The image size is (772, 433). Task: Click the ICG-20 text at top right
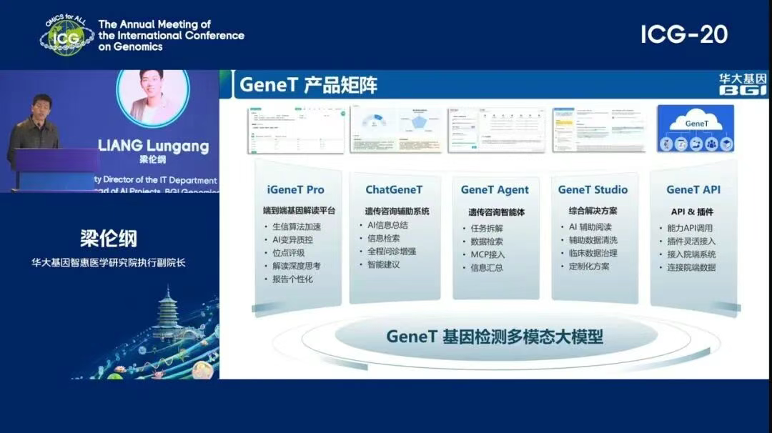[683, 34]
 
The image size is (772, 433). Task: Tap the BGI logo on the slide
[741, 84]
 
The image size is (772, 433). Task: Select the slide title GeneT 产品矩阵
[308, 85]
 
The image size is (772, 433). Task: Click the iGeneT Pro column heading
[295, 190]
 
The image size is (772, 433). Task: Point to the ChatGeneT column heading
[394, 190]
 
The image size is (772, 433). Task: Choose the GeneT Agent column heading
[495, 190]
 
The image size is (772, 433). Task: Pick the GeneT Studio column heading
[593, 190]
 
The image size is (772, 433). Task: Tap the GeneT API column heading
[693, 190]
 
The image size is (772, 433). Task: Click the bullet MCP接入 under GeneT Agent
[487, 254]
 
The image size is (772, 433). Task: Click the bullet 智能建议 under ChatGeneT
[383, 264]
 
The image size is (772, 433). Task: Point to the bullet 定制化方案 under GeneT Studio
[588, 266]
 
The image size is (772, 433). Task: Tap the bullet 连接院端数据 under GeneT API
[691, 267]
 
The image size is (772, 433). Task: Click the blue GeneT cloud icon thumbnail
[695, 129]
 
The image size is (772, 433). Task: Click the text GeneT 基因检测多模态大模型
[495, 337]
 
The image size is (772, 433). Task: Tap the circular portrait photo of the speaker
[152, 96]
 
